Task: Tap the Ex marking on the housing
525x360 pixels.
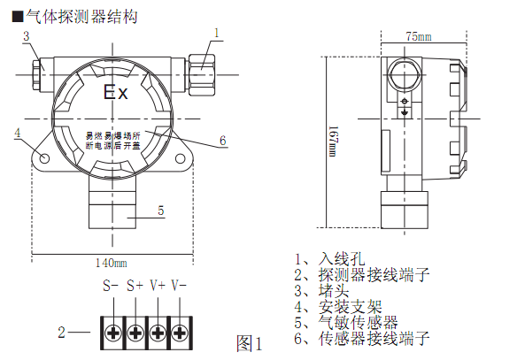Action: tap(116, 93)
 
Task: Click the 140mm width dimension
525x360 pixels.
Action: tap(112, 262)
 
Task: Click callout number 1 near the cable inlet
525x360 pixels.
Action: tap(215, 32)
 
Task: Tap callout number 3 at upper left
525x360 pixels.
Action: tap(27, 36)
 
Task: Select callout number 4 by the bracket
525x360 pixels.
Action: tap(17, 133)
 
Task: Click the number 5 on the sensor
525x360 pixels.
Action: tap(160, 211)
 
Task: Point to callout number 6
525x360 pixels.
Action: tap(222, 140)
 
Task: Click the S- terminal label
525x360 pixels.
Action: tap(111, 286)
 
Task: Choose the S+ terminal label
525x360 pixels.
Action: tap(135, 286)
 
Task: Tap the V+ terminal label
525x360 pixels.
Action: tap(158, 286)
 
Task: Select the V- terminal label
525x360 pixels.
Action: tap(180, 286)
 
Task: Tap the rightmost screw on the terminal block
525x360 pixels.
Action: tap(181, 333)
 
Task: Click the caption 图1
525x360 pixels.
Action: tap(251, 342)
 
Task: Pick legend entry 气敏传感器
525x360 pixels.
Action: tap(358, 322)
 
